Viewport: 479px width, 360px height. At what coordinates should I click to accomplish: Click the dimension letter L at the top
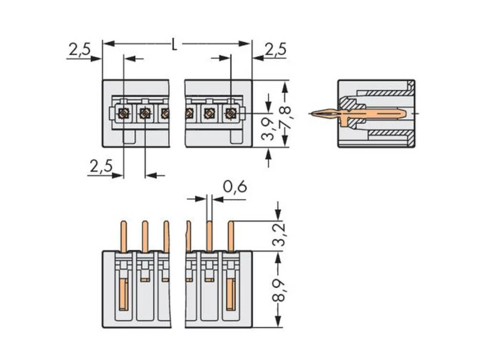coord(175,45)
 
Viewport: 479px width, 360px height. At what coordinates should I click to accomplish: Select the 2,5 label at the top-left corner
coord(79,49)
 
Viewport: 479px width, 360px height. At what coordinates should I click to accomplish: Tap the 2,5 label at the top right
coord(275,49)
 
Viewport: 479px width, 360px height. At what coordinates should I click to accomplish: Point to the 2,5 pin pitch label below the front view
coord(101,166)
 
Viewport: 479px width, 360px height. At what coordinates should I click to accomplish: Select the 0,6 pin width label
coord(235,187)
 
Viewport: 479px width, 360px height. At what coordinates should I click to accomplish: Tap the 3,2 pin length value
coord(279,234)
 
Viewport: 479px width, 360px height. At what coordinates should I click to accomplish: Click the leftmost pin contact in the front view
coord(124,113)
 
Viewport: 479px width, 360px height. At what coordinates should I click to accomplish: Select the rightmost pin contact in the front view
coord(230,113)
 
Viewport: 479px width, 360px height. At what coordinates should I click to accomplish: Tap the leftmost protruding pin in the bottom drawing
coord(123,236)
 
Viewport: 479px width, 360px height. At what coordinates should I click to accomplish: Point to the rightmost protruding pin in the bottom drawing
coord(230,236)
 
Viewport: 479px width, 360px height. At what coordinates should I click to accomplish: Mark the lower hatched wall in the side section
coord(388,132)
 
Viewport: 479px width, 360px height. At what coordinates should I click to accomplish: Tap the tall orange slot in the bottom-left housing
coord(123,294)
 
